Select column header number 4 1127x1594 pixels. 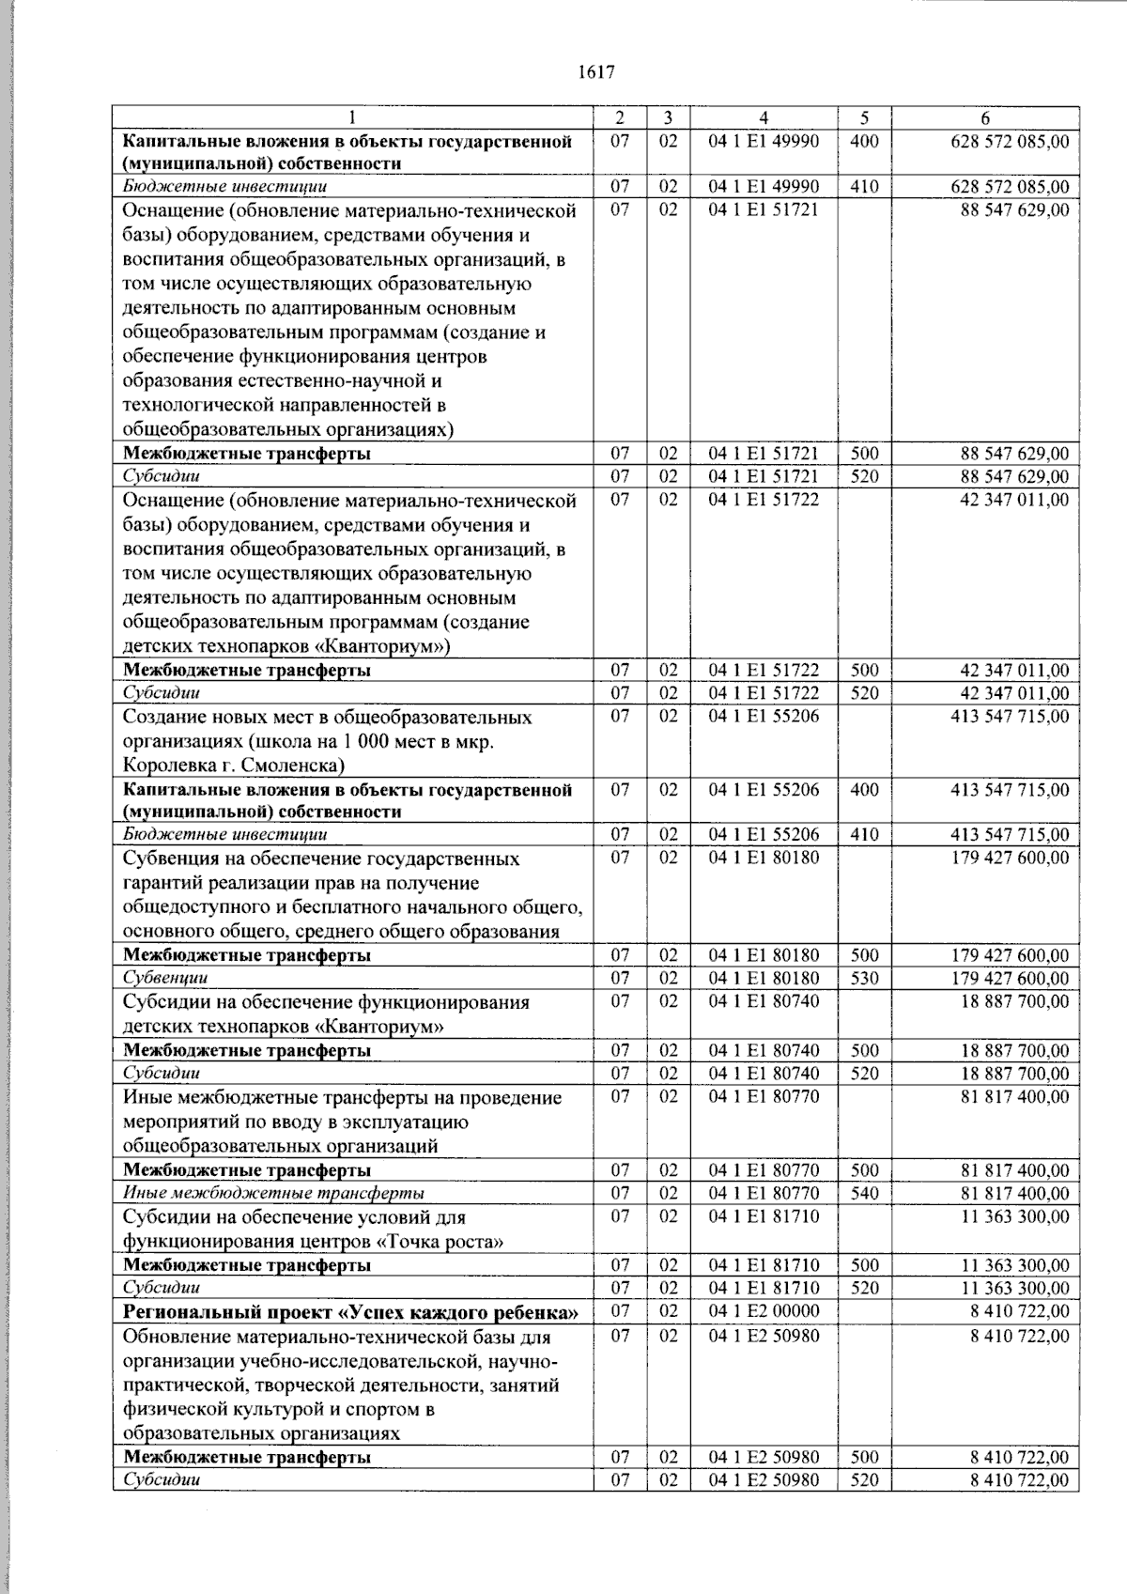764,118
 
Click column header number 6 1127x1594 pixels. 984,118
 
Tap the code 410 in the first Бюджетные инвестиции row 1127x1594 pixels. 863,187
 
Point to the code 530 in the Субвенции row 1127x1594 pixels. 863,979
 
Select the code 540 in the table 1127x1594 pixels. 863,1194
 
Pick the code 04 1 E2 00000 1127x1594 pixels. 764,1311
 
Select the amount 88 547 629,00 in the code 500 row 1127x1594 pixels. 1013,454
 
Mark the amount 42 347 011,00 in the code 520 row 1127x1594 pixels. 1013,694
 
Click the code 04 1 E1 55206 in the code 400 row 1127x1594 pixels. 764,790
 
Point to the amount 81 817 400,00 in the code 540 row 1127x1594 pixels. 1013,1194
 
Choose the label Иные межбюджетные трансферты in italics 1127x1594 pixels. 273,1194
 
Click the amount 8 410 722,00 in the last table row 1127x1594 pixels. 1019,1480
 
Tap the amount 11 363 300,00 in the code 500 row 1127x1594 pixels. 1013,1265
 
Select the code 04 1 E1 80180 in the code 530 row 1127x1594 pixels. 764,979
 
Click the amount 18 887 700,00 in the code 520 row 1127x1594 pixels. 1013,1074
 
